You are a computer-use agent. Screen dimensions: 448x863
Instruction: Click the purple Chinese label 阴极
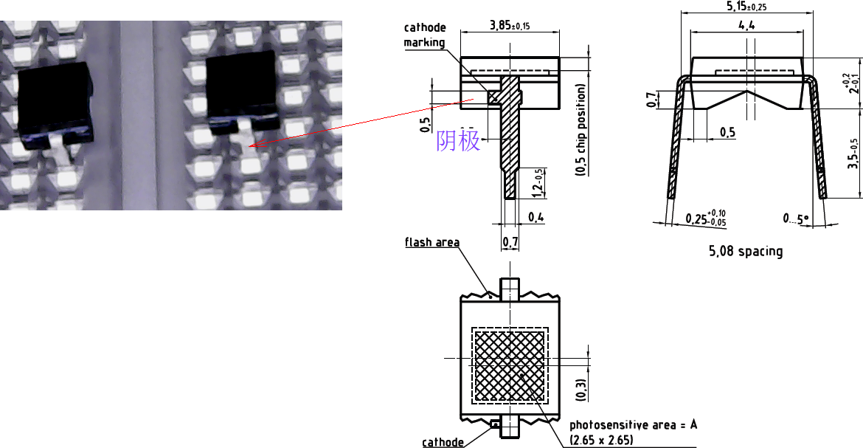click(458, 140)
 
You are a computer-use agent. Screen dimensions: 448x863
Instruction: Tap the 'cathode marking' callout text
click(424, 35)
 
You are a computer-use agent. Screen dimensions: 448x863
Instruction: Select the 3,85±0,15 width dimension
click(510, 26)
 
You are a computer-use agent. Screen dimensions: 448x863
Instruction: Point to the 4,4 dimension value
click(746, 25)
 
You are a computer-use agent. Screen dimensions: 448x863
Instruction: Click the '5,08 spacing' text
click(746, 251)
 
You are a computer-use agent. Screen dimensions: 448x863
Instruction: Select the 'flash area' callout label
click(431, 242)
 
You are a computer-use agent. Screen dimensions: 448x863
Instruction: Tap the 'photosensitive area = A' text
click(633, 425)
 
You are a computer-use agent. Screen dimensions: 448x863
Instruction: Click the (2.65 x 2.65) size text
click(601, 440)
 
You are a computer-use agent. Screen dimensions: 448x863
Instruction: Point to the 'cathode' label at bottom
click(443, 442)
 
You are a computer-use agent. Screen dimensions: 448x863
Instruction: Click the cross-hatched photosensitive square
click(510, 365)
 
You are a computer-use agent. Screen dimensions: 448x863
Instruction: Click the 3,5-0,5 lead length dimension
click(853, 154)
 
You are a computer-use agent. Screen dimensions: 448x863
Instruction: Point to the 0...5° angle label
click(795, 218)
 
